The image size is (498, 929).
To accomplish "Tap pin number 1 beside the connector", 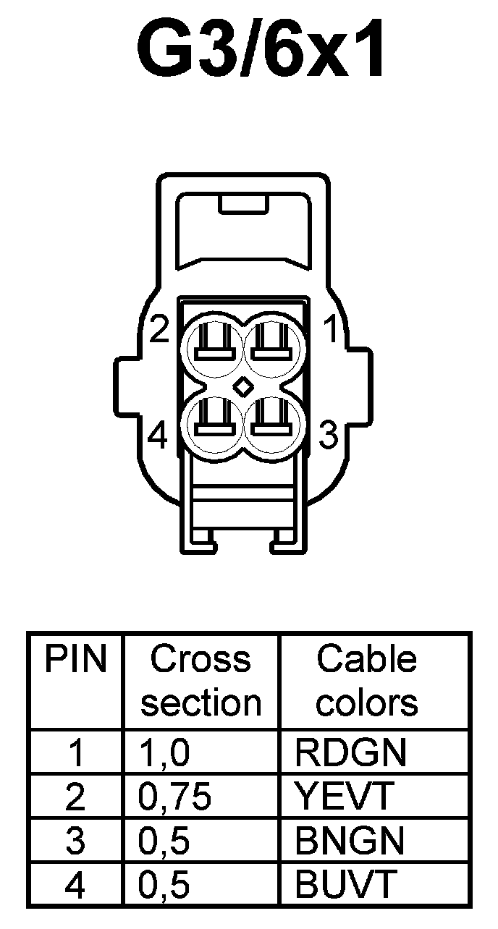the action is point(331,331).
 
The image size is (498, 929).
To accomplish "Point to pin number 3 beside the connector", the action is point(330,436).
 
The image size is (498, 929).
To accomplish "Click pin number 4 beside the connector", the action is point(158,436).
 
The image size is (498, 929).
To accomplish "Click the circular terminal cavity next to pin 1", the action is point(272,345).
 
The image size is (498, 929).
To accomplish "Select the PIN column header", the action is point(76,659).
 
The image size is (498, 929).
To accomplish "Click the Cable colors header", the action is point(367,680).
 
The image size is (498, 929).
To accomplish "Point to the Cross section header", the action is point(201,680).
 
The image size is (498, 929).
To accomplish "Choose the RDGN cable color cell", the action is point(351,753).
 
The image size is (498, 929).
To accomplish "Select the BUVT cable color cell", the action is point(346,884).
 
